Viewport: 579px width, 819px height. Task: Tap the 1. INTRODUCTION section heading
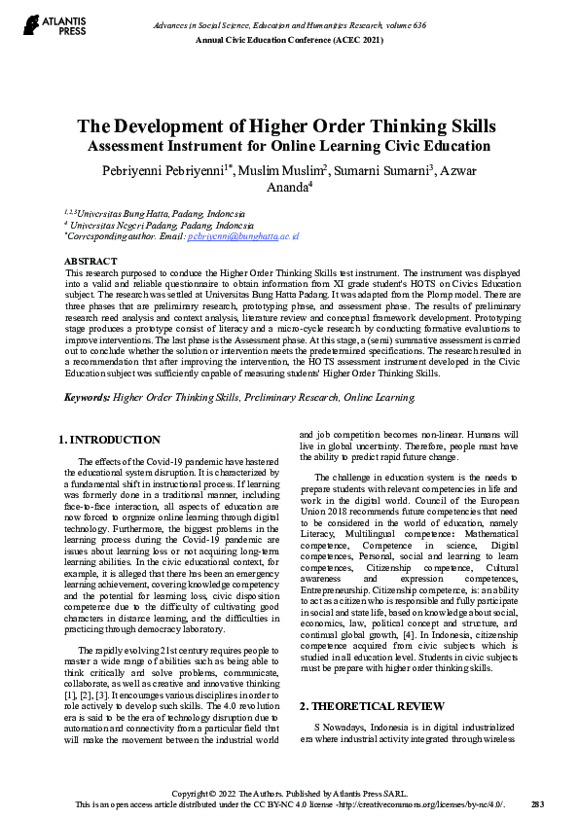click(110, 440)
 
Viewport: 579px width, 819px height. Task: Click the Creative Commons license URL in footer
click(419, 803)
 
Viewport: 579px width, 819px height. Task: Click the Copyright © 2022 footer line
click(289, 794)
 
